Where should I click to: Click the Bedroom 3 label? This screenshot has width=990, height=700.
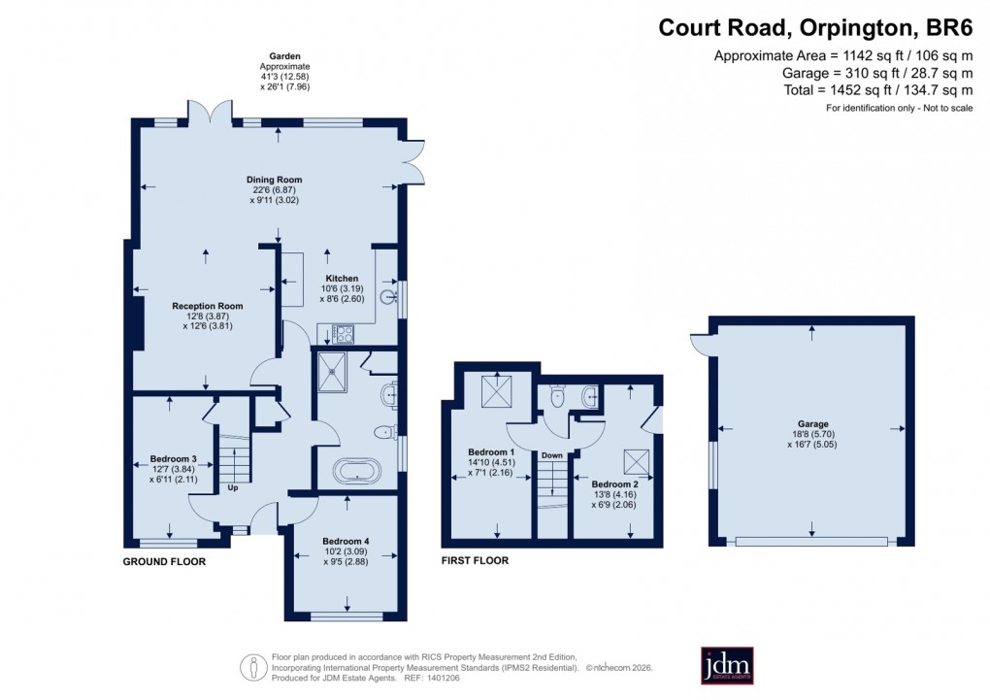[x=174, y=459]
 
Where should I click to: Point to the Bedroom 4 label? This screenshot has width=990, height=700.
[x=345, y=541]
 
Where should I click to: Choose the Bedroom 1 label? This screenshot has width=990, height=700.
[x=492, y=452]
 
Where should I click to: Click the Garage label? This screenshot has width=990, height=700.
[x=813, y=424]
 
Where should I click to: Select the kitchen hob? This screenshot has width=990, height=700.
[x=344, y=334]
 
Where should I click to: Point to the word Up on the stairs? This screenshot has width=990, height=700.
[x=232, y=487]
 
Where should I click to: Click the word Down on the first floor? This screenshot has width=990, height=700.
[x=552, y=455]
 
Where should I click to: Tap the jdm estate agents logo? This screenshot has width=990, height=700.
[x=727, y=665]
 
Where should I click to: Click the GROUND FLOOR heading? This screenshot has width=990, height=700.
[x=164, y=561]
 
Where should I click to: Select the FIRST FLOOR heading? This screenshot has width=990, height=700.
[x=476, y=560]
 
